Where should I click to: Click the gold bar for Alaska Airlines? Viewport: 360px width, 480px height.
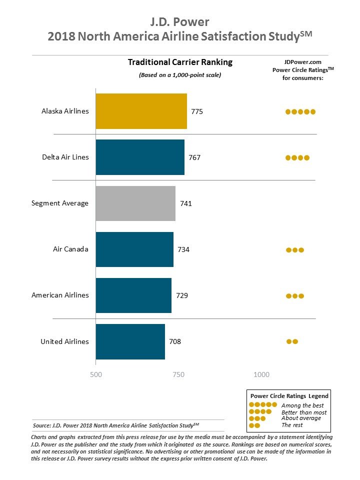click(141, 111)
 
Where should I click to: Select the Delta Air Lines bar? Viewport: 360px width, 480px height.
click(140, 157)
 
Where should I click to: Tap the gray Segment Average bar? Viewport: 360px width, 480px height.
click(135, 203)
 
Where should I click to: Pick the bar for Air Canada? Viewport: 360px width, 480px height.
click(134, 249)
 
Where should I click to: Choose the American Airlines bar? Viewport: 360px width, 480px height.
click(133, 295)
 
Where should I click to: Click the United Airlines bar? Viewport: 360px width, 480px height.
click(130, 341)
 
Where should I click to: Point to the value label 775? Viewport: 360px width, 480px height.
click(197, 111)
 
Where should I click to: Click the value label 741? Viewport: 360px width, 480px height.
click(185, 203)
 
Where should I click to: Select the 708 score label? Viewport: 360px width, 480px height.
click(175, 341)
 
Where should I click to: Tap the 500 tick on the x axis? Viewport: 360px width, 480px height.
click(95, 374)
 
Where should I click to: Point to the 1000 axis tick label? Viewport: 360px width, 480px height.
click(261, 374)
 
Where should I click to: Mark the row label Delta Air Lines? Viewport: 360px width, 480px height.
click(65, 157)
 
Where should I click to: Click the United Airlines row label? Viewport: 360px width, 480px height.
click(64, 341)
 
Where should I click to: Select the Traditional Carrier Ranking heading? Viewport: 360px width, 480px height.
click(180, 62)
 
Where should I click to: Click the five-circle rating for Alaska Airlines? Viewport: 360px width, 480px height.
click(300, 111)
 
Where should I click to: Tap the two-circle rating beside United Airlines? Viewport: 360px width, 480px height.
click(292, 341)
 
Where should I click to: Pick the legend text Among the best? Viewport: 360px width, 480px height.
click(302, 405)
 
